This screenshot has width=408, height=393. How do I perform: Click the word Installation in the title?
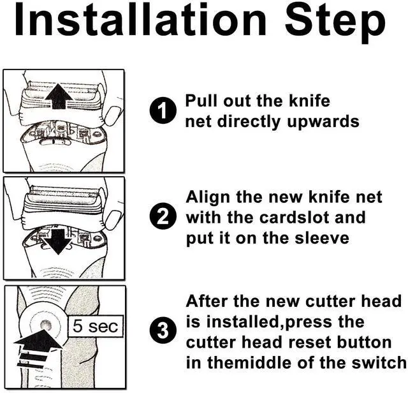pos(140,20)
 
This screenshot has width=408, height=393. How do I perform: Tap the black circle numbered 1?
pos(163,110)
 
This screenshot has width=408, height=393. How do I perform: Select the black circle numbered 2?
pos(163,217)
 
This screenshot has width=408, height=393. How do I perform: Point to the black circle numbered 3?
pos(163,331)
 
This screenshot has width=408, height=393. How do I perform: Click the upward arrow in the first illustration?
pos(59,96)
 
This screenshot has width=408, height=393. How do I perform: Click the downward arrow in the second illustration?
pos(58,242)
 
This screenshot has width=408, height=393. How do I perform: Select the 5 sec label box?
pos(95,326)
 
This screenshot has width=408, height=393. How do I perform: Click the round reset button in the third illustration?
pos(47,325)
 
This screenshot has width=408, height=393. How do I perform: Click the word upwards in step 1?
pos(323,122)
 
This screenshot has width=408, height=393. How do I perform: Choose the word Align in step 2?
pos(207,198)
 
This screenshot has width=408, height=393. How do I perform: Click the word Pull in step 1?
pos(201,101)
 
